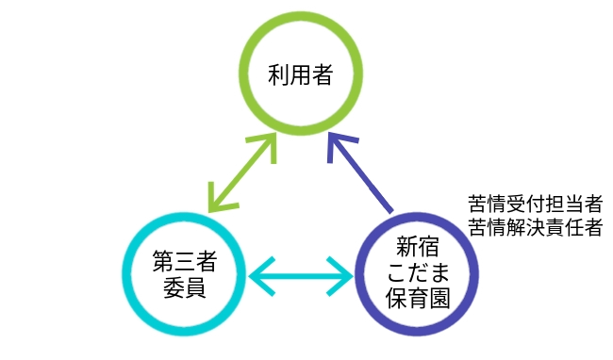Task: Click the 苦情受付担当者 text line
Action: pos(536,204)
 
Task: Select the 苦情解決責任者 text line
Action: pos(536,226)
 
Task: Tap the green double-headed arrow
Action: pos(242,172)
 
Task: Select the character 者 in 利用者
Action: pos(324,75)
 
